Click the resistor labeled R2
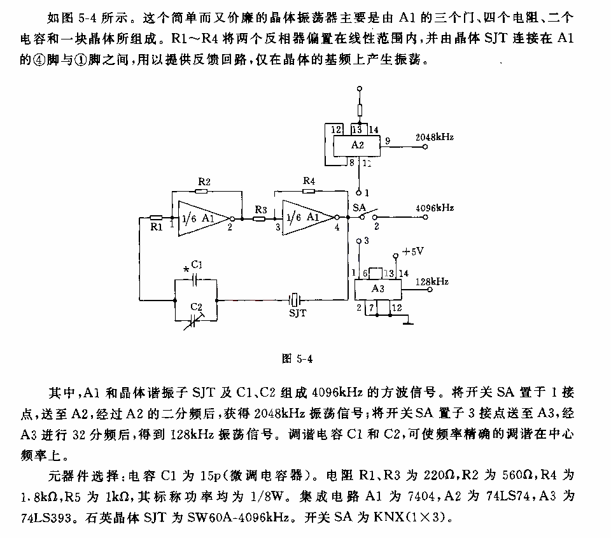pyautogui.click(x=201, y=191)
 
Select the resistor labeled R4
pyautogui.click(x=308, y=190)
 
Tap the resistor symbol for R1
pyautogui.click(x=156, y=218)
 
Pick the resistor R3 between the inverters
pyautogui.click(x=259, y=219)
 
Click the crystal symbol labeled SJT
pyautogui.click(x=295, y=300)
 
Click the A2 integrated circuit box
pyautogui.click(x=356, y=145)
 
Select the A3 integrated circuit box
pyautogui.click(x=377, y=289)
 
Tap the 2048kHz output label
pyautogui.click(x=434, y=138)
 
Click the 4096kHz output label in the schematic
pyautogui.click(x=435, y=208)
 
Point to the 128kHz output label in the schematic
pyautogui.click(x=432, y=281)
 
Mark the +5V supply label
pyautogui.click(x=412, y=251)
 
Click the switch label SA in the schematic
pyautogui.click(x=358, y=208)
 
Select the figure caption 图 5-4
pyautogui.click(x=297, y=358)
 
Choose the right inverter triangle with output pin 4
pyautogui.click(x=308, y=218)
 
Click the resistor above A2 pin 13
pyautogui.click(x=359, y=110)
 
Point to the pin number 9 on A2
pyautogui.click(x=388, y=141)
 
